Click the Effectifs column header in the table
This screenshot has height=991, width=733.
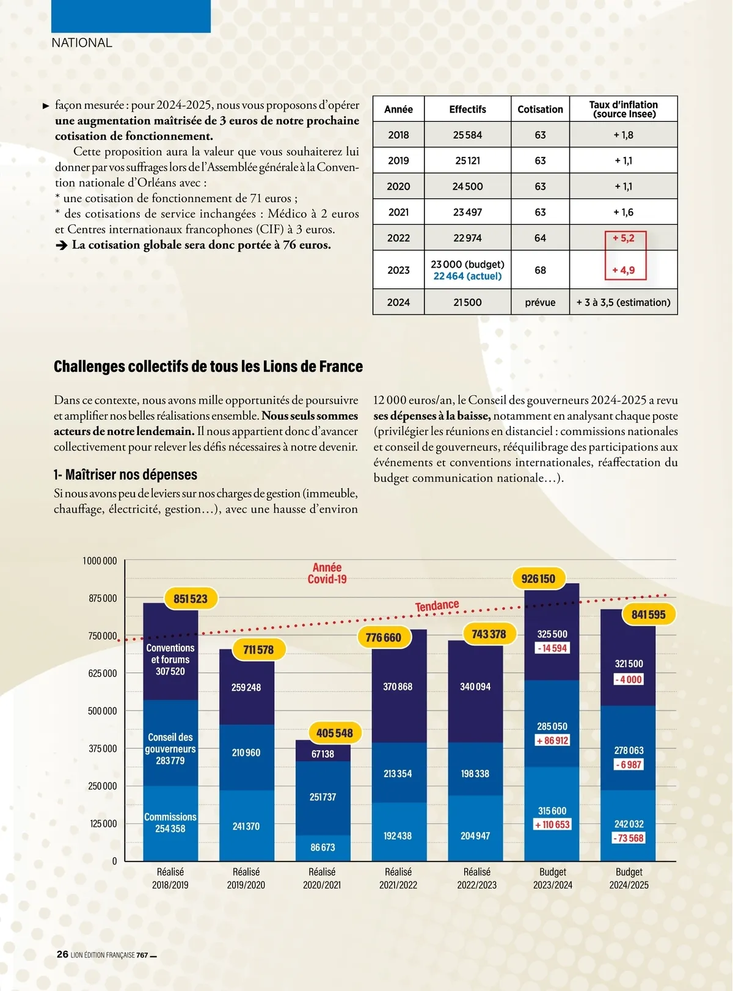467,109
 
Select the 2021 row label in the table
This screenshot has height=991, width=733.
398,212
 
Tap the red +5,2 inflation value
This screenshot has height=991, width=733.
624,238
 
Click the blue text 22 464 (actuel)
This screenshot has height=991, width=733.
467,276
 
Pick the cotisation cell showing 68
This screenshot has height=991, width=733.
540,270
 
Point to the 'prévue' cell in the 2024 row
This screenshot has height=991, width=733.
540,302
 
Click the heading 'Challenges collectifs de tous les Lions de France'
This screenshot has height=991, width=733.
208,367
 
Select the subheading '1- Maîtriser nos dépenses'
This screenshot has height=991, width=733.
125,475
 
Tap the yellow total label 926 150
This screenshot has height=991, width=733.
538,579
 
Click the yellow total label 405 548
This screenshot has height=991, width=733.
334,733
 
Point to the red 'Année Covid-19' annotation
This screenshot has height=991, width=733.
327,573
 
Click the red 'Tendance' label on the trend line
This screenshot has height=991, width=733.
437,605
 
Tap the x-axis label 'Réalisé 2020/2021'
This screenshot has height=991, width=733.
322,878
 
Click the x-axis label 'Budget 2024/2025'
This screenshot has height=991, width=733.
629,878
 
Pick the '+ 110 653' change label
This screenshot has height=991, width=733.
552,825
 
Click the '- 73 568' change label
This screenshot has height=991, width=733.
629,838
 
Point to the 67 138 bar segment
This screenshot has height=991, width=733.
323,754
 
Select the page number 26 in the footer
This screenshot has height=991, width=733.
62,954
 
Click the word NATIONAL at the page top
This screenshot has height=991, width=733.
82,43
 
